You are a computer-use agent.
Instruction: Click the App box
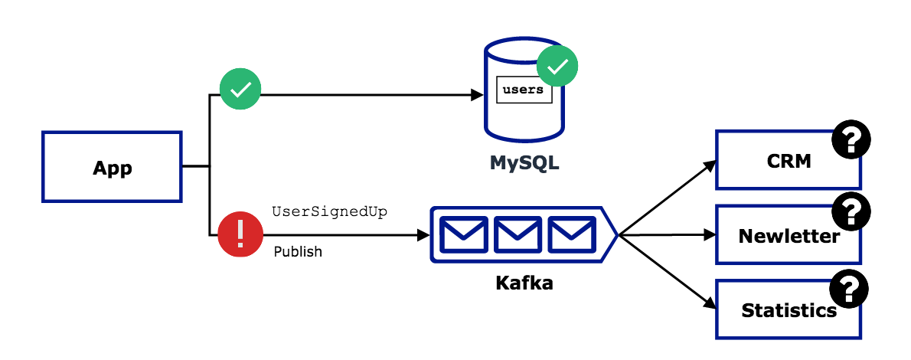(x=112, y=167)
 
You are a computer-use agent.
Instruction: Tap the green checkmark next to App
(x=240, y=89)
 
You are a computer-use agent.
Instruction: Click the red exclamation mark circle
(x=240, y=234)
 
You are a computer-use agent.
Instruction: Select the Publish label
(x=298, y=251)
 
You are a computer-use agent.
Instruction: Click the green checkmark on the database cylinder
(x=557, y=66)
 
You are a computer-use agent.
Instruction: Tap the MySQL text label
(x=524, y=163)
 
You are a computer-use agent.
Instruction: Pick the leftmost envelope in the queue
(x=464, y=234)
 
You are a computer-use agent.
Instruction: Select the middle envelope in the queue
(x=518, y=234)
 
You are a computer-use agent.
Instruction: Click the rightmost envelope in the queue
(x=572, y=234)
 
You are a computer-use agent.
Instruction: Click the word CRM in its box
(x=789, y=161)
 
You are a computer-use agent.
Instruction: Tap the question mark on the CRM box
(x=851, y=141)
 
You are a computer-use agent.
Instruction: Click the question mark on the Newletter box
(x=851, y=212)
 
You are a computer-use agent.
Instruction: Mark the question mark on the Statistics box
(x=848, y=290)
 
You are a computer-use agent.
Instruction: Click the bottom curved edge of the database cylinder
(x=524, y=139)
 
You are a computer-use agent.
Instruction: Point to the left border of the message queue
(x=432, y=234)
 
